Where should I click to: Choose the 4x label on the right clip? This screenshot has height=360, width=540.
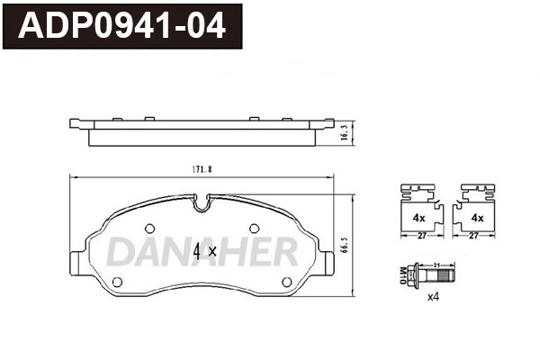[x=477, y=219]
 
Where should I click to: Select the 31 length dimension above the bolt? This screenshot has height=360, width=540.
[x=436, y=263]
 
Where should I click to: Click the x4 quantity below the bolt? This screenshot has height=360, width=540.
[x=432, y=296]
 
